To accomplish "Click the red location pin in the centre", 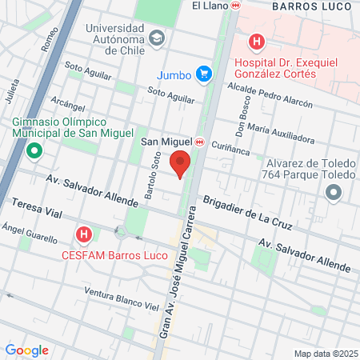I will (181, 163).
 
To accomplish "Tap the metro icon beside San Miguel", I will (200, 142).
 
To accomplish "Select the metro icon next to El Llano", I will (235, 5).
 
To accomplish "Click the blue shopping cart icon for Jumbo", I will (205, 74).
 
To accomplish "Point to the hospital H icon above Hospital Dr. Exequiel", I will (256, 42).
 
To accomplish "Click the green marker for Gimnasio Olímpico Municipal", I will (34, 150).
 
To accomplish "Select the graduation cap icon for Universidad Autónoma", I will (158, 37).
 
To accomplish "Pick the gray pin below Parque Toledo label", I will (334, 192).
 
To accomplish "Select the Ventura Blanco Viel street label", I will (122, 298).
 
